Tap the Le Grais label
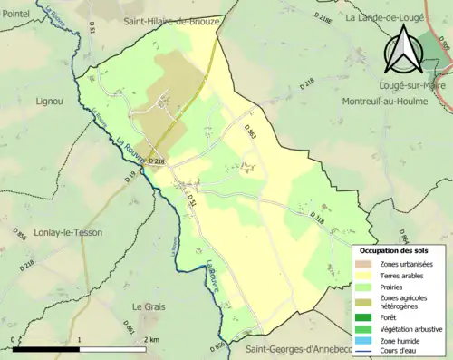[x=148, y=306]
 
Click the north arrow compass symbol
[x=402, y=50]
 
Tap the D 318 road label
[x=317, y=219]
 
